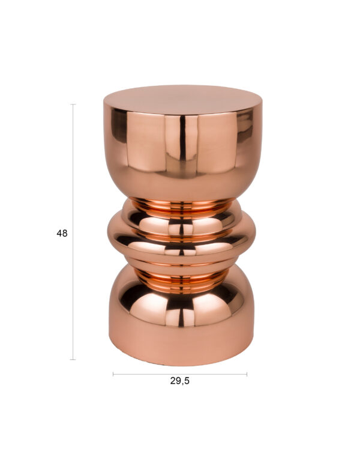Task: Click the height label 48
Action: pyautogui.click(x=62, y=233)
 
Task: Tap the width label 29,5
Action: pyautogui.click(x=180, y=381)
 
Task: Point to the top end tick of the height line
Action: pyautogui.click(x=73, y=104)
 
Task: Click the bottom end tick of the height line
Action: pyautogui.click(x=73, y=359)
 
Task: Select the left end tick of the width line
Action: pyautogui.click(x=113, y=374)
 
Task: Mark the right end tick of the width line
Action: pyautogui.click(x=247, y=374)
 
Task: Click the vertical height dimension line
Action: pyautogui.click(x=73, y=232)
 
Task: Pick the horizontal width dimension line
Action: pyautogui.click(x=180, y=374)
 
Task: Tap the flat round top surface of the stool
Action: pyautogui.click(x=182, y=100)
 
